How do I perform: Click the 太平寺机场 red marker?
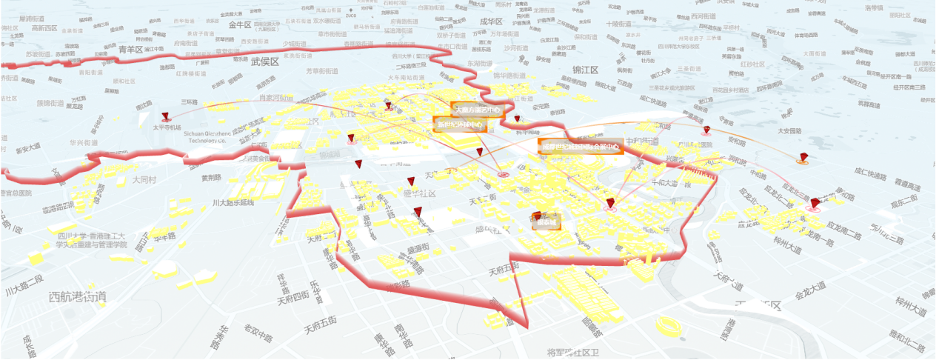[165, 116]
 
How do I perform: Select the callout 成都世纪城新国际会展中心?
[581, 147]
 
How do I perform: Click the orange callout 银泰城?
[547, 221]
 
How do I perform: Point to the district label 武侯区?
[264, 61]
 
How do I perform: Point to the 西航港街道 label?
[78, 297]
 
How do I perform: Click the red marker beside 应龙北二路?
[815, 203]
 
